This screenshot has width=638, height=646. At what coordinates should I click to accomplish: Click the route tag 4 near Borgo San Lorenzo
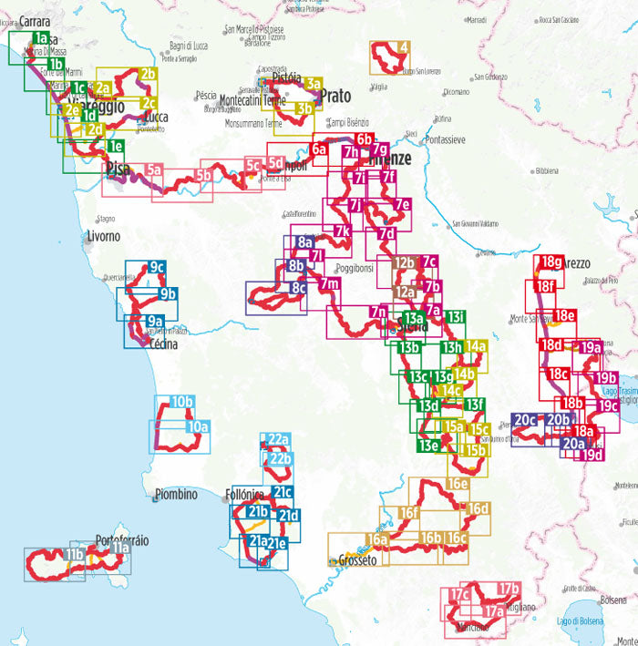coord(403,47)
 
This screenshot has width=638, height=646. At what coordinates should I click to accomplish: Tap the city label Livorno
coord(103,237)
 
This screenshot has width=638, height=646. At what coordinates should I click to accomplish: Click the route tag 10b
coord(181,402)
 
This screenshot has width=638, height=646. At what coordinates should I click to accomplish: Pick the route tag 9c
coord(156,268)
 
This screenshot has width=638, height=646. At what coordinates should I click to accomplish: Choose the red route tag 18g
coord(551,262)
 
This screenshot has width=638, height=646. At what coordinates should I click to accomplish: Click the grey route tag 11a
coord(119,549)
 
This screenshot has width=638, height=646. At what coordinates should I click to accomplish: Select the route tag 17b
coord(509,588)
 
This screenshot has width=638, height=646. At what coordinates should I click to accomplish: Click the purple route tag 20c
coord(525,420)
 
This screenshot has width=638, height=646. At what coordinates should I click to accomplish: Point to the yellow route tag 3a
coord(314,83)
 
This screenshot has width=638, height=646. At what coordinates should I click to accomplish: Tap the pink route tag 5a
coord(153,169)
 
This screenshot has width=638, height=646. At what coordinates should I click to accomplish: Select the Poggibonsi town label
coord(355,269)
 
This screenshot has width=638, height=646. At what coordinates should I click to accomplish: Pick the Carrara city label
coord(33,21)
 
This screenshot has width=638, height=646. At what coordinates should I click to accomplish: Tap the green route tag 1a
coord(40,38)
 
